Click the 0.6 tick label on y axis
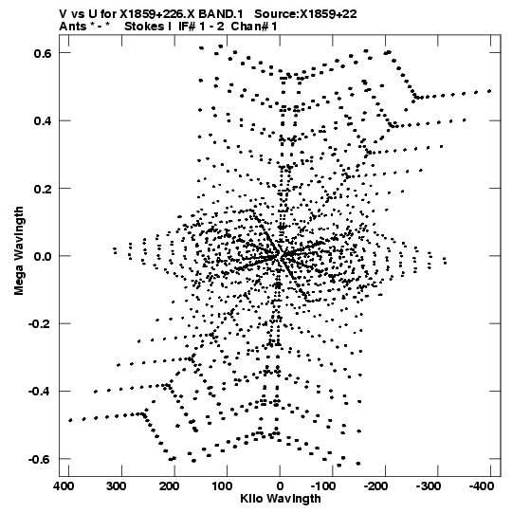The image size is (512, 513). tap(43, 53)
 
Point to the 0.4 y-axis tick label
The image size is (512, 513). tap(43, 120)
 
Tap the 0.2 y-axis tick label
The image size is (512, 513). tap(43, 189)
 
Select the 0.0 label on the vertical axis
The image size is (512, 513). tap(43, 256)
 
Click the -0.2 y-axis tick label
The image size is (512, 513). tap(40, 324)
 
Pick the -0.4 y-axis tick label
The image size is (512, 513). tap(40, 392)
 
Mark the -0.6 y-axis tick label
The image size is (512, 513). tap(40, 459)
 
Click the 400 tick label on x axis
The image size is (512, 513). tap(63, 486)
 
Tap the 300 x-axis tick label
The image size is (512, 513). tap(116, 486)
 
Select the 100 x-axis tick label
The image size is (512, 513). tap(222, 486)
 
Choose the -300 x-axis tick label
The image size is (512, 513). tap(429, 486)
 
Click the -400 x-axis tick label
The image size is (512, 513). tap(482, 486)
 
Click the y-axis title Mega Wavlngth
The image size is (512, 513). tap(19, 251)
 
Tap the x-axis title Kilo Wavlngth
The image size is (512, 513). tap(281, 499)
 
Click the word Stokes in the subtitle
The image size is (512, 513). tap(145, 27)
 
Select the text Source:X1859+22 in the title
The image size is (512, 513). tap(305, 14)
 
